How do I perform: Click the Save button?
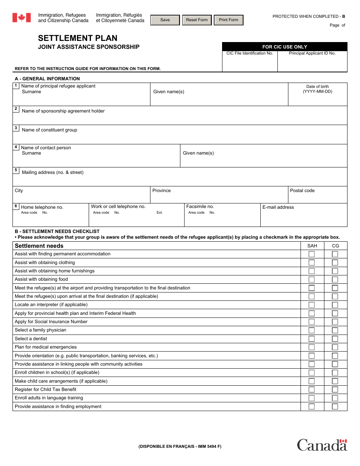tap(165, 20)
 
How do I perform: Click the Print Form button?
tap(229, 20)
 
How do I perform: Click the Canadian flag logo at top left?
tap(22, 17)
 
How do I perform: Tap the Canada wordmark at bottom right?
tap(322, 445)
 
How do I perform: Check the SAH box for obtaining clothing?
tap(311, 263)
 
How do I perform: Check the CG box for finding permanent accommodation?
tap(335, 254)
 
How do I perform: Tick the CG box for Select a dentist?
tap(335, 339)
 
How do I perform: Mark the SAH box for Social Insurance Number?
tap(311, 322)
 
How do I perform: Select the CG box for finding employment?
tap(335, 407)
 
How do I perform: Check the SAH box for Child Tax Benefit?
tap(311, 389)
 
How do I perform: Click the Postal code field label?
tap(302, 191)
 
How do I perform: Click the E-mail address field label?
tap(278, 207)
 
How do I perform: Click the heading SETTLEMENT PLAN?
tap(78, 38)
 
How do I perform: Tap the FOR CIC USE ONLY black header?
tap(285, 47)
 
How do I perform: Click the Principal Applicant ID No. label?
tap(312, 53)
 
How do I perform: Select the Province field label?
tap(161, 191)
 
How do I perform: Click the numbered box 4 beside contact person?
tap(16, 147)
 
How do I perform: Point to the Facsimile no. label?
tap(200, 206)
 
